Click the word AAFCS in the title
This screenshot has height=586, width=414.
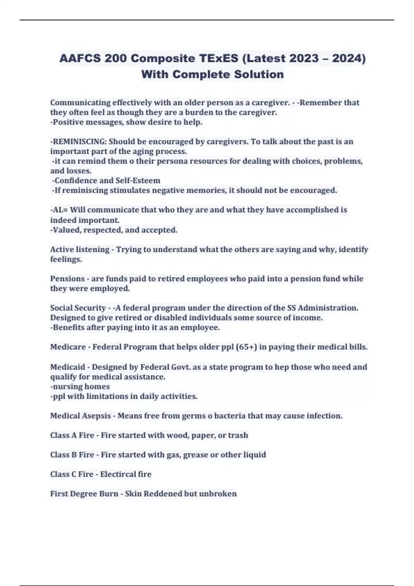click(x=80, y=58)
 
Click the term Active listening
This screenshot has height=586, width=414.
click(x=80, y=250)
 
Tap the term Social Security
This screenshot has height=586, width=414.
click(x=78, y=308)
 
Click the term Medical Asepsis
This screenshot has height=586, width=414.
click(x=80, y=416)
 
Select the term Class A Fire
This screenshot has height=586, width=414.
click(x=72, y=435)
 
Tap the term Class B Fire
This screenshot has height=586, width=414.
click(x=72, y=455)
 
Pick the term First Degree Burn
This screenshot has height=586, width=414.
click(x=84, y=494)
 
